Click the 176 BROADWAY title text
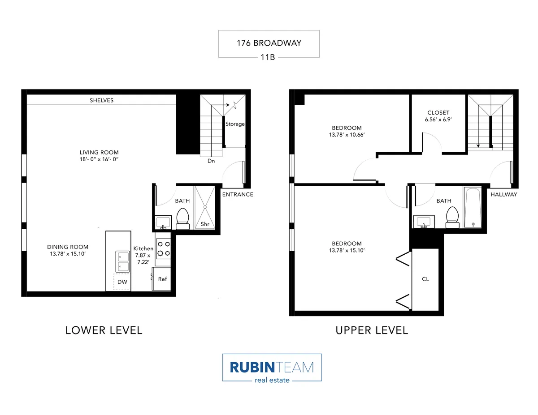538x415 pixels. [x=269, y=43]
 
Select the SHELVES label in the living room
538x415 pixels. [x=102, y=100]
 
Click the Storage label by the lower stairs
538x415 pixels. [x=235, y=124]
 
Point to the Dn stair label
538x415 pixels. [x=211, y=160]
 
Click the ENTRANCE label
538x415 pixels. [x=238, y=194]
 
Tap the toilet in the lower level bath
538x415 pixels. [x=182, y=218]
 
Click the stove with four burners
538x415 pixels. [x=163, y=248]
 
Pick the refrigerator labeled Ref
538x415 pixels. [x=162, y=279]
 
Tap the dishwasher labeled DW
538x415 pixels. [x=122, y=282]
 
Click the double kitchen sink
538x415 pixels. [x=122, y=261]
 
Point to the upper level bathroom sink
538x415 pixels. [x=424, y=222]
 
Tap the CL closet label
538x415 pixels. [x=425, y=279]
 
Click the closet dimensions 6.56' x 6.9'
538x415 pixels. [x=438, y=120]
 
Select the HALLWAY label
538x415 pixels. [x=503, y=194]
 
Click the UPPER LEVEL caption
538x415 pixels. [x=372, y=330]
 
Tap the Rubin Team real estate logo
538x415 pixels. [x=272, y=368]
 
